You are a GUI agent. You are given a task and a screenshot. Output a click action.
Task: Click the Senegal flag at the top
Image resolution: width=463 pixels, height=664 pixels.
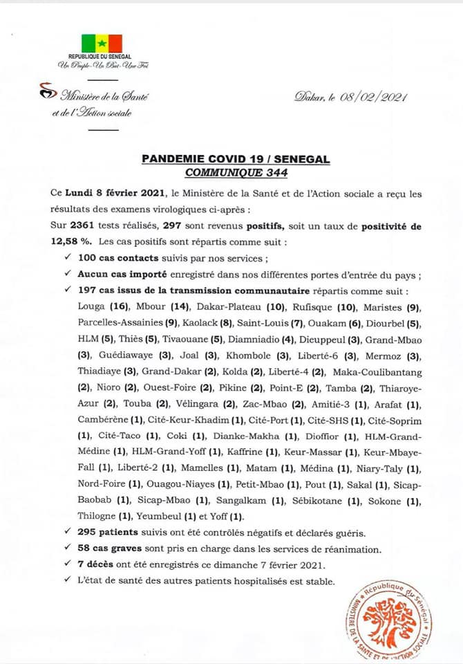point(102,43)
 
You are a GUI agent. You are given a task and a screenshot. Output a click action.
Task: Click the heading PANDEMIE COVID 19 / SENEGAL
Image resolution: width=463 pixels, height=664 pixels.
point(236,160)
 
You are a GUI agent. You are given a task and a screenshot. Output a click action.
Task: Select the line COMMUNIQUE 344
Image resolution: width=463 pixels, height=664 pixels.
point(236,173)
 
